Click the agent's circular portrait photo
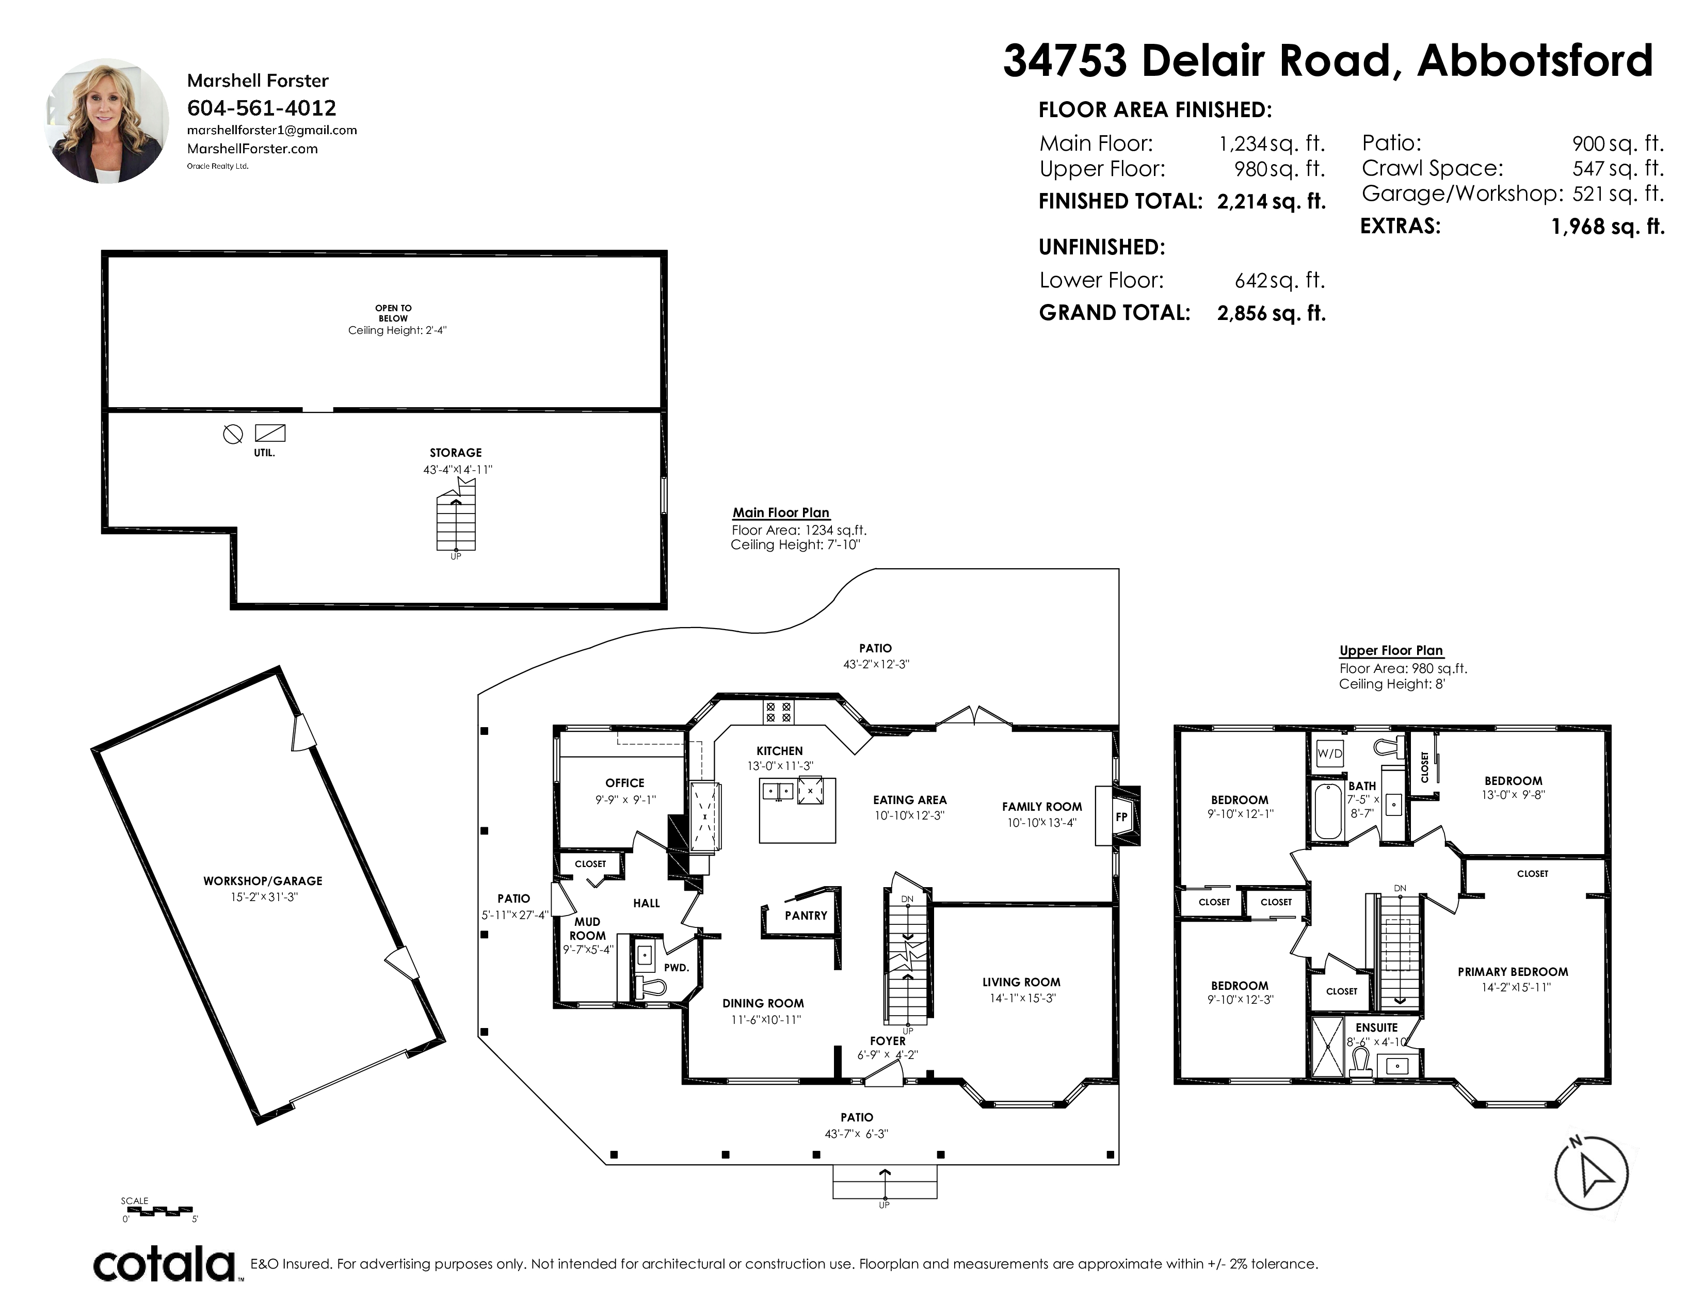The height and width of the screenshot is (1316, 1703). [x=108, y=121]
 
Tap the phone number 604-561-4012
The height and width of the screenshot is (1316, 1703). [x=262, y=107]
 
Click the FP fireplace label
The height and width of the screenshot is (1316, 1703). [x=1121, y=817]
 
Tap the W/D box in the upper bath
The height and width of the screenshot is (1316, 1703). [x=1329, y=753]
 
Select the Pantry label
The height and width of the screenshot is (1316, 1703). [x=806, y=916]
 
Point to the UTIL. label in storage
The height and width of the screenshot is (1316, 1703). [x=264, y=453]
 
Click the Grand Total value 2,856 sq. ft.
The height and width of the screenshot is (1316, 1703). [x=1271, y=313]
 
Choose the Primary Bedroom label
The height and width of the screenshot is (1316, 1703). [x=1513, y=971]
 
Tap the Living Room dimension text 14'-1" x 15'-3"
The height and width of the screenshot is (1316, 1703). [x=1022, y=998]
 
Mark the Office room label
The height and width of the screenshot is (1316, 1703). [x=624, y=783]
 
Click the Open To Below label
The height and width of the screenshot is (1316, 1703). [x=394, y=313]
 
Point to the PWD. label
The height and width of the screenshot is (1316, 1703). [x=676, y=968]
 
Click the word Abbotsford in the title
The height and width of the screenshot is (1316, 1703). [x=1535, y=61]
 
